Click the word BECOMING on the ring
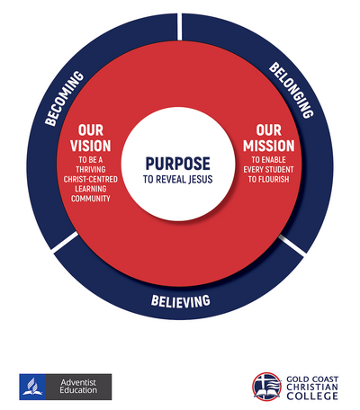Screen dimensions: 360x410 64,98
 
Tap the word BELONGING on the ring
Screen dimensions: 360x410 292,90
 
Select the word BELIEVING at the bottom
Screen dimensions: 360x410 181,301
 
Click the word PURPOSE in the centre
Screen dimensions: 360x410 178,164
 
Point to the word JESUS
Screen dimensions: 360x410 201,179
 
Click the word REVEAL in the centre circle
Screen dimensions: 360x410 171,179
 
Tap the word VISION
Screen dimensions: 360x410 91,146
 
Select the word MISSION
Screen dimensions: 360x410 269,146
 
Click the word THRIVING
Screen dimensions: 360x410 91,169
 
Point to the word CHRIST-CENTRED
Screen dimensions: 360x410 91,179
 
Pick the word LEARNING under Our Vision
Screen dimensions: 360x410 91,189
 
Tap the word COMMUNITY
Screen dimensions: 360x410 91,199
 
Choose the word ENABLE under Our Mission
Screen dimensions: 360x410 273,160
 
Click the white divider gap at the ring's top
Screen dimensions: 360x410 179,26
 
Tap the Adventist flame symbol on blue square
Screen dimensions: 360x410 32,387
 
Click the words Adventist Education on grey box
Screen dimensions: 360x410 78,387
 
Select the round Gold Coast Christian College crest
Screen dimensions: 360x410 266,387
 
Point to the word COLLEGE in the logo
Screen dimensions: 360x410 312,396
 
